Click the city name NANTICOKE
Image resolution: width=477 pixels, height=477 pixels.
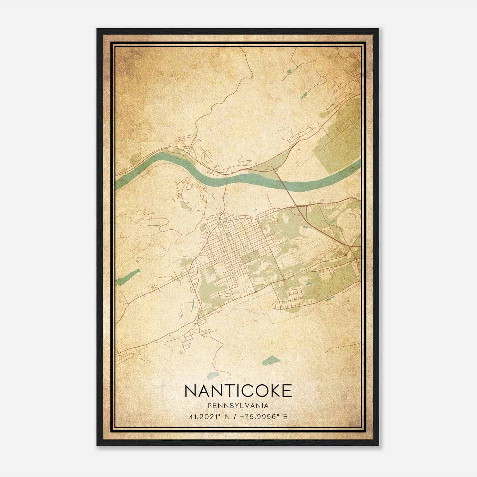(x=238, y=391)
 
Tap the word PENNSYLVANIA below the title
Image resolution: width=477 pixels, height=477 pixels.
(x=238, y=406)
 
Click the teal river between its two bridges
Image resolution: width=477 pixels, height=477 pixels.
(x=253, y=179)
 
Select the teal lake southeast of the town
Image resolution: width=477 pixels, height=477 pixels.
(x=270, y=360)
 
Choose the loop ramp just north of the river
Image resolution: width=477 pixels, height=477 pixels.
(x=270, y=168)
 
